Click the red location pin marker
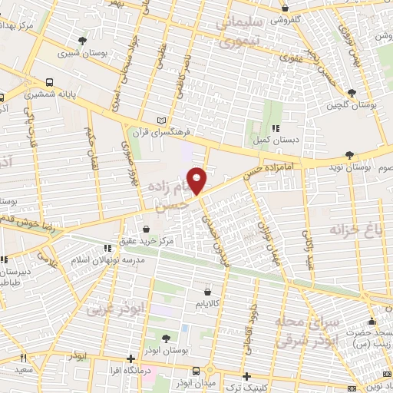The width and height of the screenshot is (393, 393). coord(197,180)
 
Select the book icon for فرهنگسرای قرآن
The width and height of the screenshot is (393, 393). coord(160,121)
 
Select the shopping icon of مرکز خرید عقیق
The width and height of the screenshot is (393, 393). coord(147,229)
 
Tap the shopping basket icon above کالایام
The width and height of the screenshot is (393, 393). coord(208,292)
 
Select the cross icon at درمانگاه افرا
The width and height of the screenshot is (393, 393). coord(131,358)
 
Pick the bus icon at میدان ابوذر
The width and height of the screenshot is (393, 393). coord(195,371)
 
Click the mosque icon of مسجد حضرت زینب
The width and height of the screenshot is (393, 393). coord(372,321)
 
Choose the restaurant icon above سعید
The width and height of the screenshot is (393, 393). coord(24,357)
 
